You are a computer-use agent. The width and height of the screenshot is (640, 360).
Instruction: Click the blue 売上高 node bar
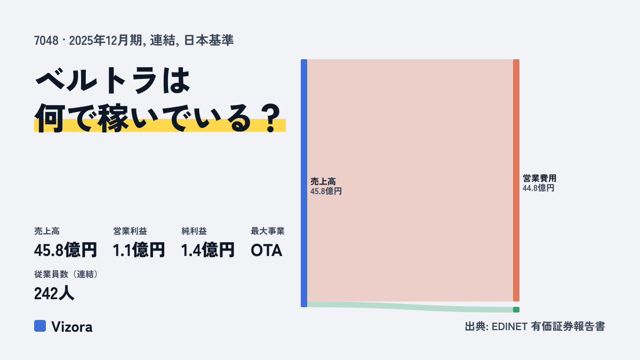point(304,183)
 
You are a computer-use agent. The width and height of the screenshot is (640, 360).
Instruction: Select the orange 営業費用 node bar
point(516,180)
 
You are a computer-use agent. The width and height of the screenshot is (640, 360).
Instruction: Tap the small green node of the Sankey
point(516,310)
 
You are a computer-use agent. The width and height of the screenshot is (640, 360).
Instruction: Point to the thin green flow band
point(410,307)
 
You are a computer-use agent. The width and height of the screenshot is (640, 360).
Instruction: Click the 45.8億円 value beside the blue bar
point(326,191)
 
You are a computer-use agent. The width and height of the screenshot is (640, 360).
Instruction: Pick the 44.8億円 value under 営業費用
point(538,188)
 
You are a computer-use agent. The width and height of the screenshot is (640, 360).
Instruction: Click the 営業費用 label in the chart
point(539,178)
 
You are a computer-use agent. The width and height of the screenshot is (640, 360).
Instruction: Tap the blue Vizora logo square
point(40,326)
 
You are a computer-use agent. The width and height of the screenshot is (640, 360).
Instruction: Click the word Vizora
point(72,327)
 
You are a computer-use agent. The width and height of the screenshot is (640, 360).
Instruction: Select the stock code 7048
point(46,41)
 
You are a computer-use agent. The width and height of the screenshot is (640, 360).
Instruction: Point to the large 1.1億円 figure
point(139,250)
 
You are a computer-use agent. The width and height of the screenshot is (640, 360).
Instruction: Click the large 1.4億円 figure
point(207,250)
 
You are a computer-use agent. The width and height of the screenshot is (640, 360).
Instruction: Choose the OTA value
point(266,251)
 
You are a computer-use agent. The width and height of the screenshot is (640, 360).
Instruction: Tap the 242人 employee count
point(54,293)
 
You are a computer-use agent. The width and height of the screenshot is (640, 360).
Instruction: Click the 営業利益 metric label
point(130,231)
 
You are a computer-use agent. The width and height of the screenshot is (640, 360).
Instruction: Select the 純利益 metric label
point(194,231)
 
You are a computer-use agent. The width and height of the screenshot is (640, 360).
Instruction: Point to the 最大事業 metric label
point(267,231)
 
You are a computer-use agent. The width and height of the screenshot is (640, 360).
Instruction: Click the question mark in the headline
point(270,118)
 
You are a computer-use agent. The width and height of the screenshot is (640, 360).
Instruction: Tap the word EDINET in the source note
point(509,326)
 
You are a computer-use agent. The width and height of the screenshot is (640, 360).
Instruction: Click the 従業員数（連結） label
point(67,274)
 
